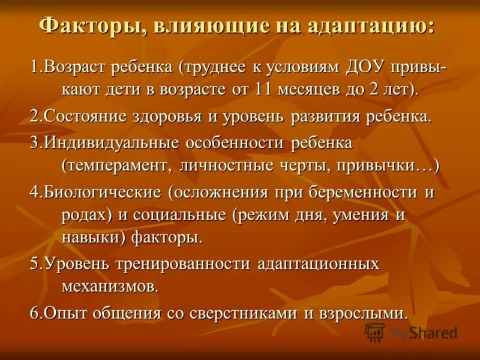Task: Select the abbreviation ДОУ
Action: (x=363, y=68)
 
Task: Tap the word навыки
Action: (x=91, y=238)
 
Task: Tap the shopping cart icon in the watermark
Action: (x=374, y=332)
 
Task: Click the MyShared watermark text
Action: (x=423, y=333)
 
